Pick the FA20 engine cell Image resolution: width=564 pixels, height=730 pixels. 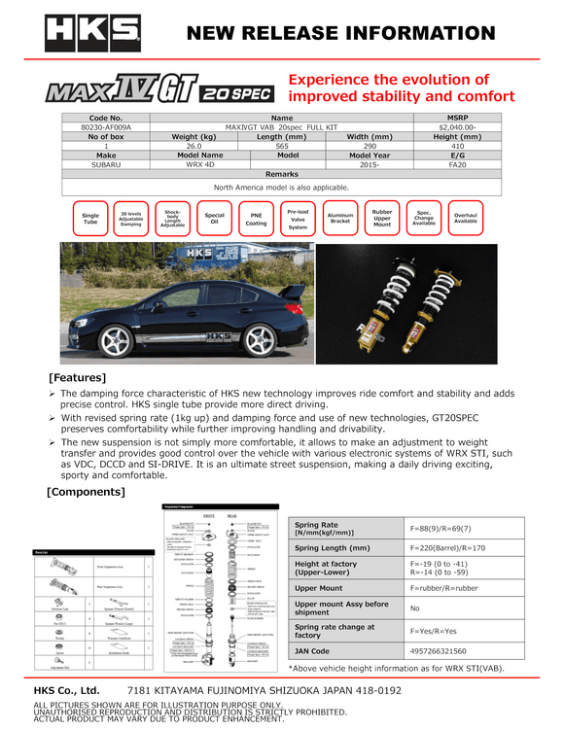[457, 164]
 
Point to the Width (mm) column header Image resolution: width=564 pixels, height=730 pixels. [370, 136]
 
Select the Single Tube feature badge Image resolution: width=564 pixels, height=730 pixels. [90, 220]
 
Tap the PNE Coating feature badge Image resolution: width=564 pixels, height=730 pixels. [256, 220]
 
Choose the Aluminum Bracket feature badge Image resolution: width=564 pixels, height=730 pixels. [340, 220]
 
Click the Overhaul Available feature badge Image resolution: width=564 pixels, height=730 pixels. [466, 220]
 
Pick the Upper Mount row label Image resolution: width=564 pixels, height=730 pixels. [318, 588]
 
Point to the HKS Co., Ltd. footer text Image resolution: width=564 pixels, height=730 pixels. [68, 690]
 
